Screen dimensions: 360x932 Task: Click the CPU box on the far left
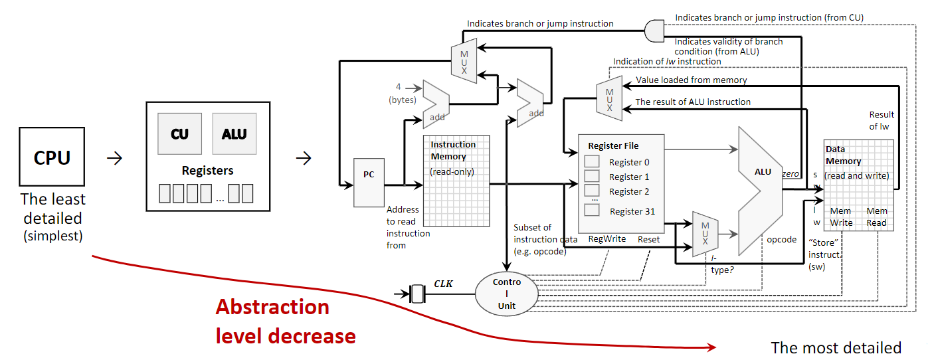point(52,157)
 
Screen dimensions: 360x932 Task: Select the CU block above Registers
point(179,134)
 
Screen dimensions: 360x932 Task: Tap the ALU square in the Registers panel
point(234,134)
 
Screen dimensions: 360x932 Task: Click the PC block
point(369,175)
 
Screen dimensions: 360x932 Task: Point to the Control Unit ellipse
point(506,294)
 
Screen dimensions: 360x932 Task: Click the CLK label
point(443,283)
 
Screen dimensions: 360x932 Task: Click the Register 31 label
point(632,211)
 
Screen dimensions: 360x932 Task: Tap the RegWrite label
point(607,239)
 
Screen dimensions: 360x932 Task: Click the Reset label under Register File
point(648,239)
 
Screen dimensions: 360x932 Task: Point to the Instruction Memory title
point(453,150)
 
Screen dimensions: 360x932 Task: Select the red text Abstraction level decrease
point(285,321)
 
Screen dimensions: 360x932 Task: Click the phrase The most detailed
point(836,347)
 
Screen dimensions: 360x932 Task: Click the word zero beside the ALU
point(791,173)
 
